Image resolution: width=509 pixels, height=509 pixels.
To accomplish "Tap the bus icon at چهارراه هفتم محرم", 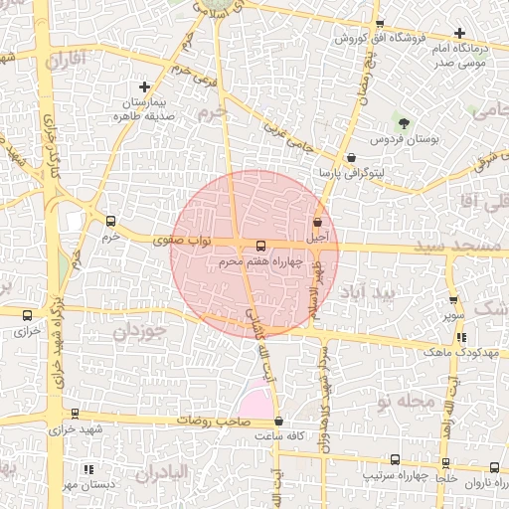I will [x=260, y=246].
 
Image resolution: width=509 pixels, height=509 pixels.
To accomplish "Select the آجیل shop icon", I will [x=317, y=223].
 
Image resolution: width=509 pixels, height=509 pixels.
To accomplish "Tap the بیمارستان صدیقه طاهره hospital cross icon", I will [x=145, y=87].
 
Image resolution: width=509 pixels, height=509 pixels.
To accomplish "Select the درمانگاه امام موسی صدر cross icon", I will [x=459, y=33].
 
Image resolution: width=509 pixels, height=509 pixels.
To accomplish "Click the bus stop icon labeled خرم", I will [x=109, y=222].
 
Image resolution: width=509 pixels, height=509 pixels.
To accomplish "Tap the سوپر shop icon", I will [x=453, y=300].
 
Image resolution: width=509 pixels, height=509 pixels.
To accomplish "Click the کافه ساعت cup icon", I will [x=278, y=422].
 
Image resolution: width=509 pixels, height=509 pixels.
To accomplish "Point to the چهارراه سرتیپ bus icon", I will [x=396, y=460].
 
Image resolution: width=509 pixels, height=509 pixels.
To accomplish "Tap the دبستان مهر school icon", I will [x=88, y=469].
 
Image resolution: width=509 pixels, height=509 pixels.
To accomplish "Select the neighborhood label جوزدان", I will [x=135, y=330].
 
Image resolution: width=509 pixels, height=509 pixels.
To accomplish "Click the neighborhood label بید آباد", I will [x=367, y=294].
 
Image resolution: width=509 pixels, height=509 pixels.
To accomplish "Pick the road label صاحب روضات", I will [x=211, y=420].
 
